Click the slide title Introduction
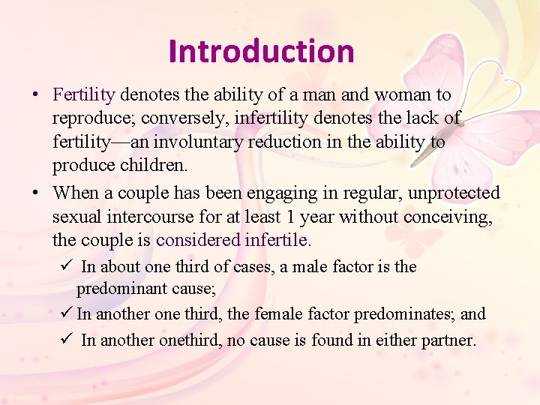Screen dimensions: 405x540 click(x=261, y=51)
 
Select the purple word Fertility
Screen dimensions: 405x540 click(x=84, y=95)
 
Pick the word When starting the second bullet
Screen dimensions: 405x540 click(x=76, y=193)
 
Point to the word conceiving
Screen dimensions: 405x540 click(x=452, y=217)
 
